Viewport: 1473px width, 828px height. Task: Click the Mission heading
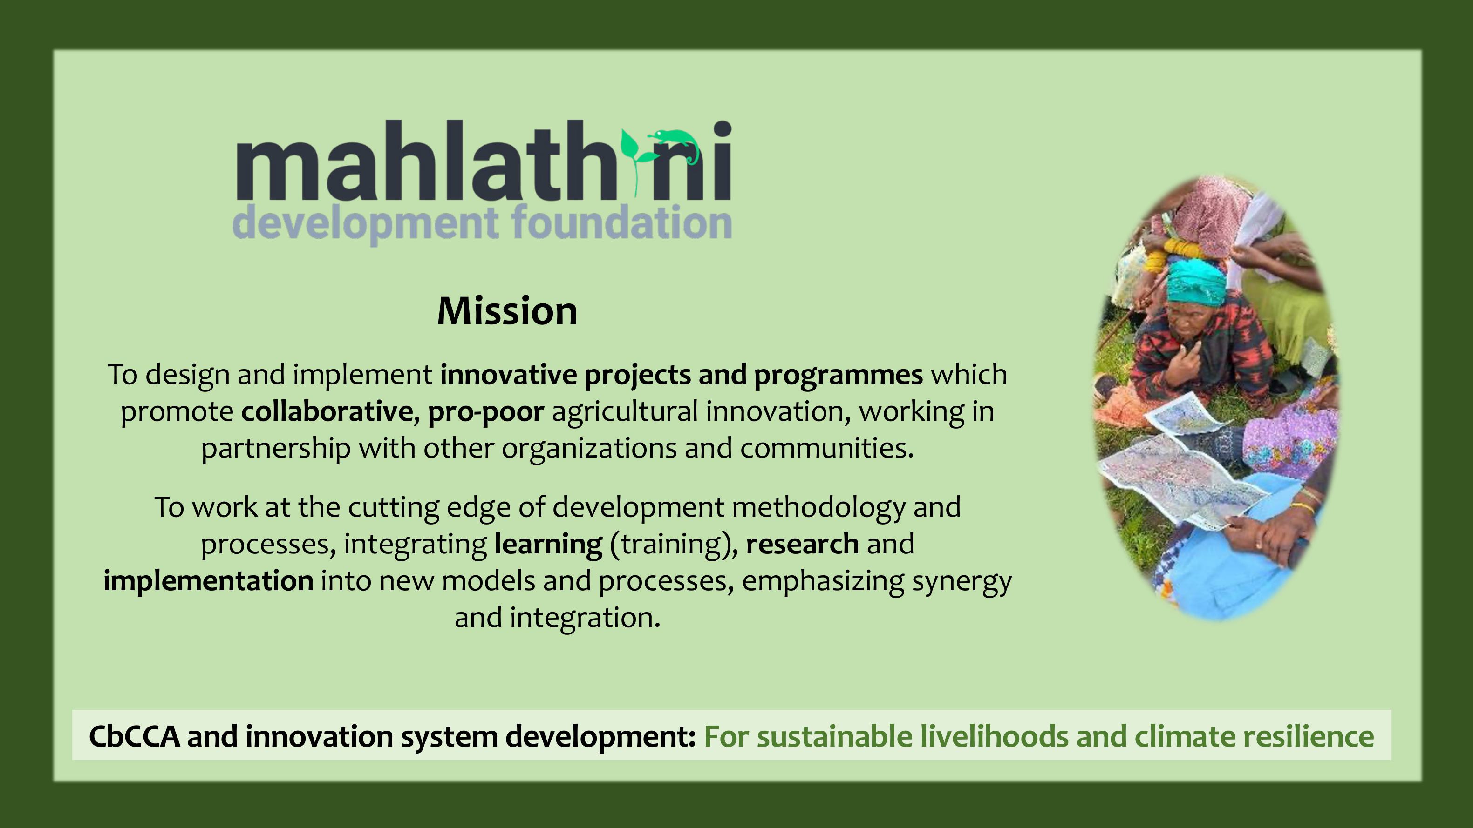pos(507,311)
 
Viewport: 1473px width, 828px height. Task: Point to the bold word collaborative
pos(327,411)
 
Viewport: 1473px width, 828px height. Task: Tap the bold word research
pos(802,544)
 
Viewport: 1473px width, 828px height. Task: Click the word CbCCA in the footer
pos(134,736)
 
